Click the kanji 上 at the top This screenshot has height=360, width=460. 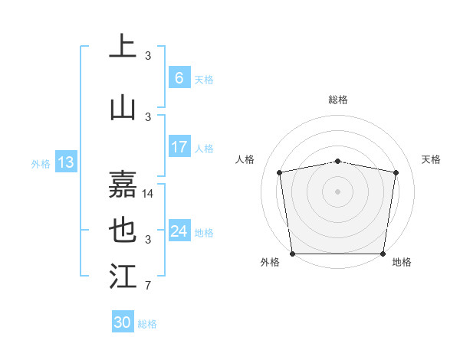[123, 46]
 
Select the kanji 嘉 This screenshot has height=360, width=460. [123, 185]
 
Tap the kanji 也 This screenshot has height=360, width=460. [123, 231]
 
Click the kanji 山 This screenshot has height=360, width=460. [123, 107]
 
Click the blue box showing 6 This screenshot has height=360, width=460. [179, 78]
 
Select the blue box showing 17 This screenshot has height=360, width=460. [179, 147]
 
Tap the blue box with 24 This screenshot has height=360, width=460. [179, 231]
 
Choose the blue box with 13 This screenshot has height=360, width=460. [65, 162]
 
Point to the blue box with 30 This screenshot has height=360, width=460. [123, 323]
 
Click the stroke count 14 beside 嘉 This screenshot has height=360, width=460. [148, 194]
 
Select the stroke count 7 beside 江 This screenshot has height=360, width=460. [148, 286]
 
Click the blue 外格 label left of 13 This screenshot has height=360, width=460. [41, 163]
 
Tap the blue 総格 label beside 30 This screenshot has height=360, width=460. [148, 324]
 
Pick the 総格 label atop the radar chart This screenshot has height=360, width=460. [338, 100]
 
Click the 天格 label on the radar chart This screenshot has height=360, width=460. [431, 159]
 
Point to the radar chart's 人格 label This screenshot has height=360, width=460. [245, 159]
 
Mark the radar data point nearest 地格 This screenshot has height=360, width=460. [383, 254]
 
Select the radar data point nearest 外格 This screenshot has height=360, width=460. [292, 254]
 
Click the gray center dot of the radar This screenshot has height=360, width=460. [338, 191]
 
